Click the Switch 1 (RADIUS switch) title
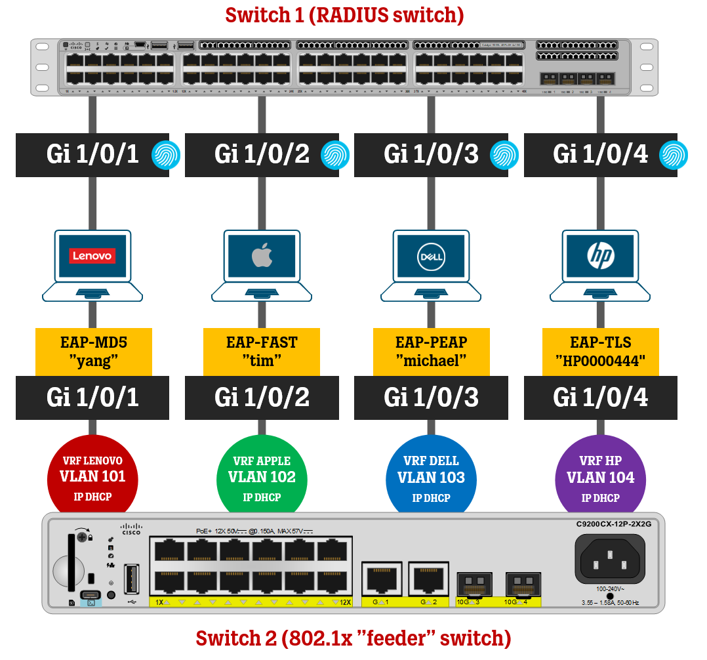pos(344,15)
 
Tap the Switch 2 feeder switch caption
pos(353,638)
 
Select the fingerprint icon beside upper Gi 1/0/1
pos(165,155)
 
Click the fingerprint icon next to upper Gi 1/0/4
pos(673,155)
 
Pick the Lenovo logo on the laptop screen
pos(92,256)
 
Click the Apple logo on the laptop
pos(261,256)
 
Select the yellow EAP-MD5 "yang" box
pos(93,352)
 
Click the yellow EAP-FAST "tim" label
pos(262,352)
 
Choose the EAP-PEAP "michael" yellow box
pos(431,352)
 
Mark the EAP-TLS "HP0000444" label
pos(600,352)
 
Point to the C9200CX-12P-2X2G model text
pos(609,525)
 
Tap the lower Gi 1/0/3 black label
pos(431,398)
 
